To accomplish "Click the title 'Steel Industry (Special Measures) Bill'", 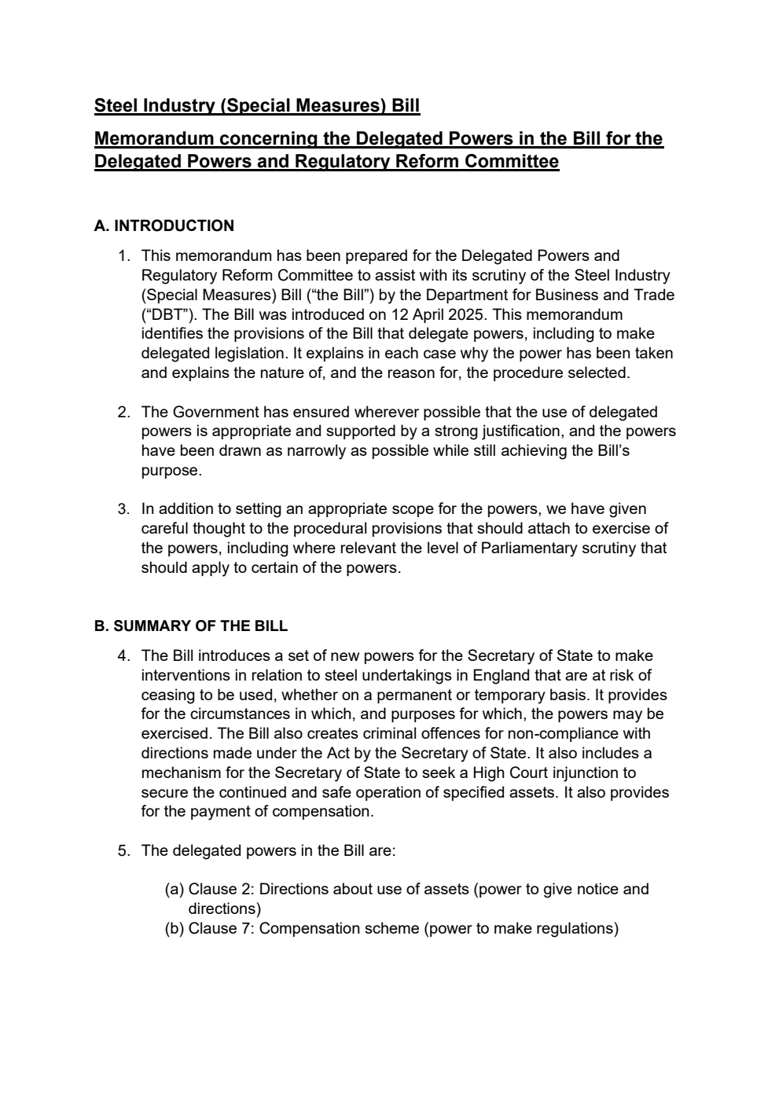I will pos(256,105).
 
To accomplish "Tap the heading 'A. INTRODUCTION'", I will pos(164,226).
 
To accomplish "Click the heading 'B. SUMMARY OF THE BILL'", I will pos(190,626).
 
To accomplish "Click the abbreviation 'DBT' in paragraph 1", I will pos(163,314).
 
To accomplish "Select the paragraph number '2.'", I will pos(123,412).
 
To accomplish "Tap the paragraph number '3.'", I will pos(123,509).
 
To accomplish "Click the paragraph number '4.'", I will pos(123,655).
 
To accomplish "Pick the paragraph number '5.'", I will pos(123,850).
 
